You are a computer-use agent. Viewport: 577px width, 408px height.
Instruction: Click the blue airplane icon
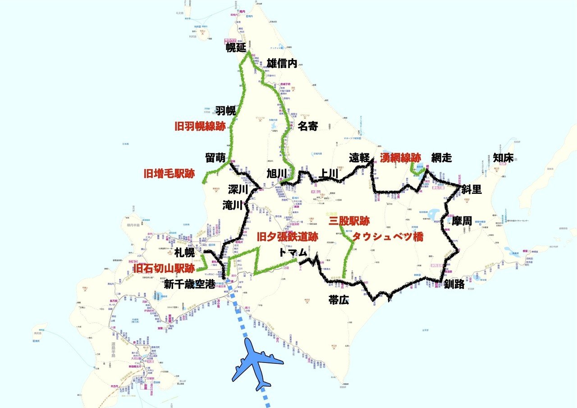[x=257, y=363]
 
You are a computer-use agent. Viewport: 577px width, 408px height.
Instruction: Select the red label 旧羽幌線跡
[x=200, y=126]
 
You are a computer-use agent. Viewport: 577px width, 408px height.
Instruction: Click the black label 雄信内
[x=282, y=64]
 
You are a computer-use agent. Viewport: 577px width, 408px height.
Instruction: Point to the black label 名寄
[x=308, y=126]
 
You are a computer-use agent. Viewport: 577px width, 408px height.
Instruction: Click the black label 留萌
[x=215, y=157]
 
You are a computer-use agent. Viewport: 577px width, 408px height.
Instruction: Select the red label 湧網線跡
[x=401, y=157]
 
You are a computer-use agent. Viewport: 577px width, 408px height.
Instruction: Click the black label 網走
[x=442, y=157]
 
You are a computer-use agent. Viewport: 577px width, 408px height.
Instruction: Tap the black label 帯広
[x=339, y=300]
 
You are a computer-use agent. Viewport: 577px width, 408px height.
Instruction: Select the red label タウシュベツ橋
[x=388, y=237]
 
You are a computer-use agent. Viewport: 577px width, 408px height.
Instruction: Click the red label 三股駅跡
[x=349, y=221]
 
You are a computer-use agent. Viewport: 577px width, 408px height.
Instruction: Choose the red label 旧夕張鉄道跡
[x=288, y=236]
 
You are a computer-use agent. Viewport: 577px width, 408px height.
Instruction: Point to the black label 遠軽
[x=359, y=157]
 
